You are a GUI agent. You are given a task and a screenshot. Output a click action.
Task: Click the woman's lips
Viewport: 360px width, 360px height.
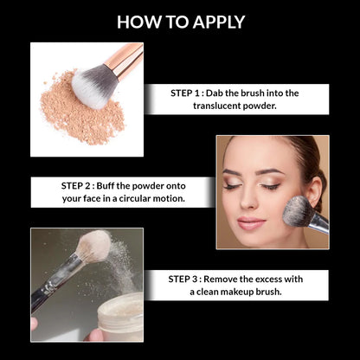pyautogui.click(x=251, y=222)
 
